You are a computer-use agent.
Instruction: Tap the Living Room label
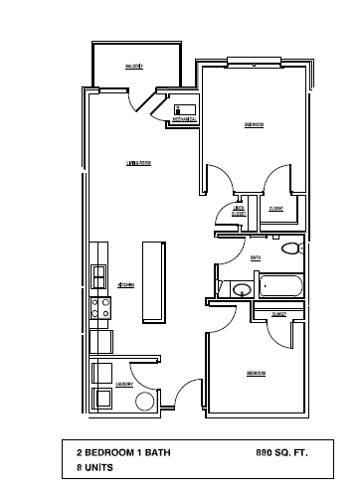137,162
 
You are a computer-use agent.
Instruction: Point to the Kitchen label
126,284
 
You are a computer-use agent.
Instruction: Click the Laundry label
125,383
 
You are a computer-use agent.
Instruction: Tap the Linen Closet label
239,210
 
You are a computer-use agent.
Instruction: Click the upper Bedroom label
254,124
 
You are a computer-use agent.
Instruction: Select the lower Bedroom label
256,373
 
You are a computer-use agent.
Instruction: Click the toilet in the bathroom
290,249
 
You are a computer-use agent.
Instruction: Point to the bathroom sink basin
241,290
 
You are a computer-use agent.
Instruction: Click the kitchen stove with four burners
99,308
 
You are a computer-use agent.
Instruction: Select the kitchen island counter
152,281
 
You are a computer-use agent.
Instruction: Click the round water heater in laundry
144,402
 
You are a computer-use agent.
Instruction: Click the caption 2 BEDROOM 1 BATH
123,451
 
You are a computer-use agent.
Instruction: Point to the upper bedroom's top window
255,61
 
